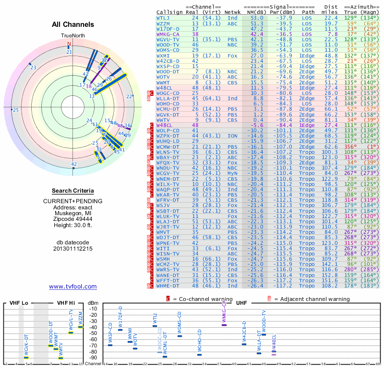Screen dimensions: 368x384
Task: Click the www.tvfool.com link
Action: point(73,287)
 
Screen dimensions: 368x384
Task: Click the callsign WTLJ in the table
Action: point(163,18)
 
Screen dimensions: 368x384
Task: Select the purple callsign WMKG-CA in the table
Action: point(166,34)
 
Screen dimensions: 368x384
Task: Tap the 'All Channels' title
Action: point(73,24)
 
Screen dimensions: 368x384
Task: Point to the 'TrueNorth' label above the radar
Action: point(73,36)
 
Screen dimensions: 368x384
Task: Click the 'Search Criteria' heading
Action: point(73,191)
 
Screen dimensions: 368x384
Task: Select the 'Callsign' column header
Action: point(170,12)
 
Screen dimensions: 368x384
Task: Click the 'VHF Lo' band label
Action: point(19,303)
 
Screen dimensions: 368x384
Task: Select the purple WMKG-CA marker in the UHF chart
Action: point(224,325)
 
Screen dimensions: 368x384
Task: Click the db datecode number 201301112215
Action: point(73,249)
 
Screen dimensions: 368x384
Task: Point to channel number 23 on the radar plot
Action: point(33,68)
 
